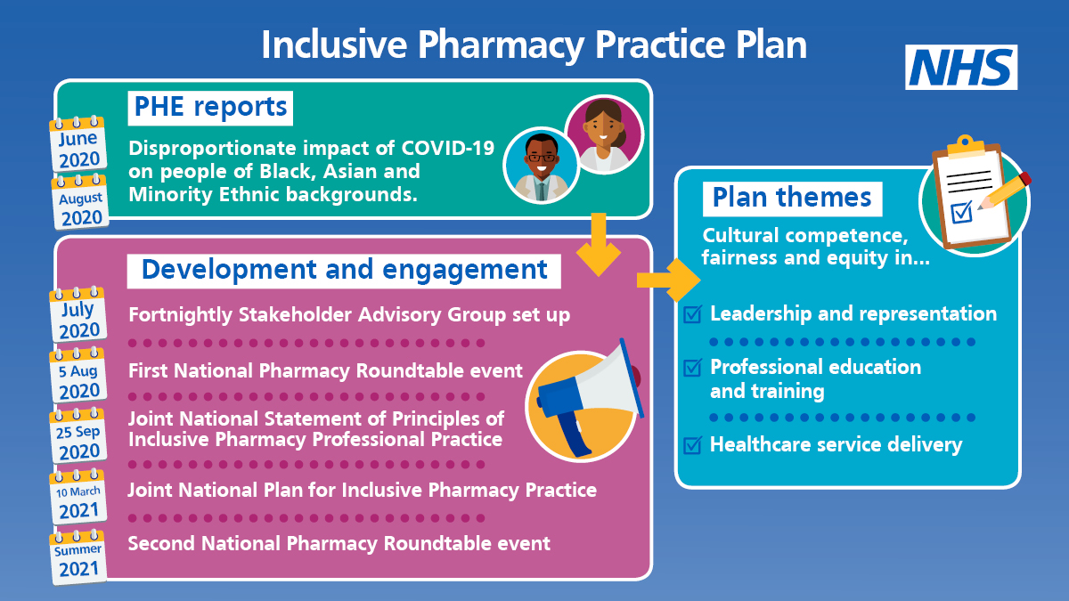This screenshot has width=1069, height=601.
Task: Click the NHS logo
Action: tap(961, 68)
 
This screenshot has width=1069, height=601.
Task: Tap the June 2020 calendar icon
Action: tap(78, 144)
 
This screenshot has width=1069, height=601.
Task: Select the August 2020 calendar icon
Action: tap(80, 202)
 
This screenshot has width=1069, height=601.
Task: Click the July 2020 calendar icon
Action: tap(78, 315)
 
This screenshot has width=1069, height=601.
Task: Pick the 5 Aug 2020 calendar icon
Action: tap(78, 376)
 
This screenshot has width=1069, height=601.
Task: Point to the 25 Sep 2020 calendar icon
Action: tap(78, 436)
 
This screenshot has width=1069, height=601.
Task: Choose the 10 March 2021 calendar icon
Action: tap(78, 497)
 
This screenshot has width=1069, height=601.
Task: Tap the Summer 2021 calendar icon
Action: tap(78, 557)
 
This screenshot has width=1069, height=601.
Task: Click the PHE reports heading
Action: tap(210, 108)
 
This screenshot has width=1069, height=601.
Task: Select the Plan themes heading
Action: tap(792, 199)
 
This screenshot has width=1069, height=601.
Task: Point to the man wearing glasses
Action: tap(542, 166)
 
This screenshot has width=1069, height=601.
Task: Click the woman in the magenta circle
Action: tap(604, 134)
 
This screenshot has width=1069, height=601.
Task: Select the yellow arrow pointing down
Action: tap(599, 244)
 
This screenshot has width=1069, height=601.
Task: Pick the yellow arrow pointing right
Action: tap(669, 280)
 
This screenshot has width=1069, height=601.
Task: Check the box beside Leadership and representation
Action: tap(693, 313)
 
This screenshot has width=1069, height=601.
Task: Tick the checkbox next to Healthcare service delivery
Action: tap(693, 444)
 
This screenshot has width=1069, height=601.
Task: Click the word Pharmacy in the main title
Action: tap(501, 45)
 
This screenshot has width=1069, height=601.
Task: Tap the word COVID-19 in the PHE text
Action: tap(447, 148)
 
